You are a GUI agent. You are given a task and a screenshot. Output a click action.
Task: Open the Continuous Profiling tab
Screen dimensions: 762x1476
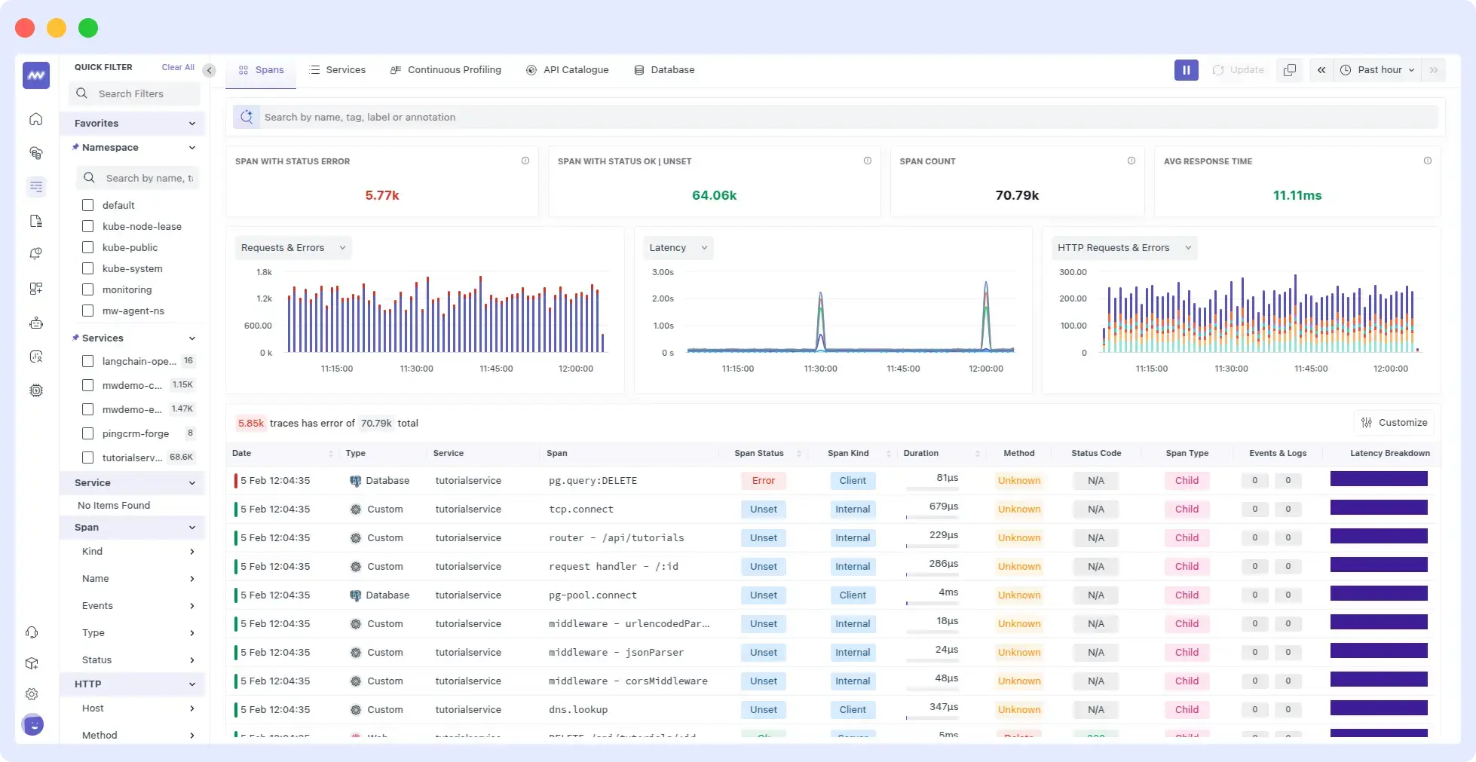pos(446,70)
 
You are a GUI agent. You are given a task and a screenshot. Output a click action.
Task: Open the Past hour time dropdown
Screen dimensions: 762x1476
pos(1379,70)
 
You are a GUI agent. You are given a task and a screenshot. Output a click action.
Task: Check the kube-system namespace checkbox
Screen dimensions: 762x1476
pos(87,268)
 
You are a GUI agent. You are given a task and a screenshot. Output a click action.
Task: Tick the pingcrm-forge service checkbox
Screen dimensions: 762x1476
pos(87,433)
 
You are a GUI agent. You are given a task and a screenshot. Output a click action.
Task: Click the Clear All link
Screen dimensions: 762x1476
pos(178,67)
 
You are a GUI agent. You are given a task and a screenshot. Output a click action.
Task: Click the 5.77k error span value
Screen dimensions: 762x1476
pos(381,195)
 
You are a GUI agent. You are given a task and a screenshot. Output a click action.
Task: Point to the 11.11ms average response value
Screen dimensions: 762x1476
pos(1297,195)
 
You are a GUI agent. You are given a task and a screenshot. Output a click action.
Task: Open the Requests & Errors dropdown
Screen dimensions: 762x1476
pos(292,248)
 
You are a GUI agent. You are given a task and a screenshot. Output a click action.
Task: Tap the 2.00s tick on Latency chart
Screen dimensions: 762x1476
pos(663,298)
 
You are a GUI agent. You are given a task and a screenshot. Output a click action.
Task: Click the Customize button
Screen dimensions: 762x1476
pos(1394,423)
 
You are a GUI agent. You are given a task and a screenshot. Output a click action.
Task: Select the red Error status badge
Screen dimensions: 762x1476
pos(763,481)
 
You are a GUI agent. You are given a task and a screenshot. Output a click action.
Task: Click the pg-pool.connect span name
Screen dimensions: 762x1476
pos(593,595)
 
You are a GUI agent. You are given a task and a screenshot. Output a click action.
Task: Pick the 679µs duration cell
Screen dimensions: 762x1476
pos(943,506)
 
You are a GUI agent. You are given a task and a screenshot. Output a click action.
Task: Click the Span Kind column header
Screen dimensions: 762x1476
pos(848,453)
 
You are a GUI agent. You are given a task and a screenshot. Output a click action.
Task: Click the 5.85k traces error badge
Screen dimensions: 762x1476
pos(250,424)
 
